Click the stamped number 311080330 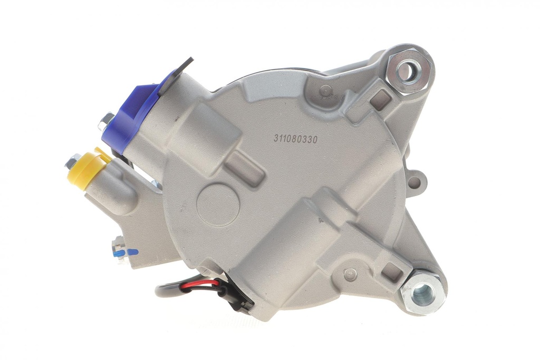click(295, 139)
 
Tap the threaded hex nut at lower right click(421, 293)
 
